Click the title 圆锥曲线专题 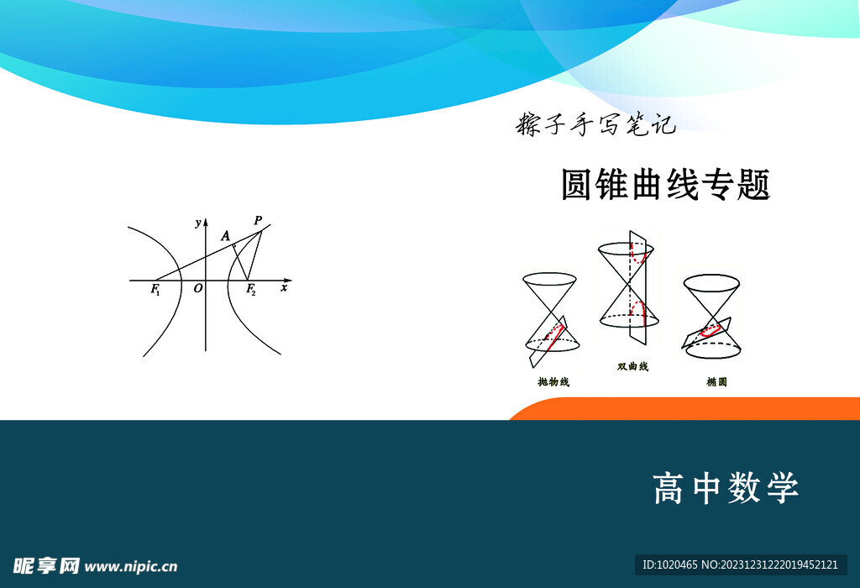tap(665, 185)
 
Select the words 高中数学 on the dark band tap(726, 488)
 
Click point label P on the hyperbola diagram tap(258, 221)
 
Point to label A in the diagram tap(225, 238)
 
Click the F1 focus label tap(155, 290)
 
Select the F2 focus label tap(250, 291)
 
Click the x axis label tap(284, 288)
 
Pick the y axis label tap(197, 223)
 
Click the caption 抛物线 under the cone tap(553, 382)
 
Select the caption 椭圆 tap(716, 382)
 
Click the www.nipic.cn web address tap(131, 567)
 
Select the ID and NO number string tap(740, 565)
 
